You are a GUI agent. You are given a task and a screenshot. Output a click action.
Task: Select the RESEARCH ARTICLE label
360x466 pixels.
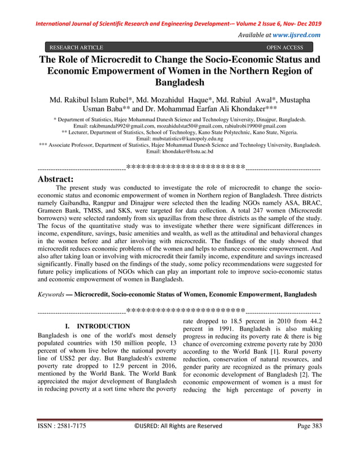(76, 48)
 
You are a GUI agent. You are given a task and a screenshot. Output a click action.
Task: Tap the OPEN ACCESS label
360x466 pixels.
(284, 48)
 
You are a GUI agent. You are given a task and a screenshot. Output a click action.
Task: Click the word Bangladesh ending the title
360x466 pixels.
(179, 83)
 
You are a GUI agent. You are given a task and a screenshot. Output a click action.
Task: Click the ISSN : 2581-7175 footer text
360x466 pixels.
(62, 442)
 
